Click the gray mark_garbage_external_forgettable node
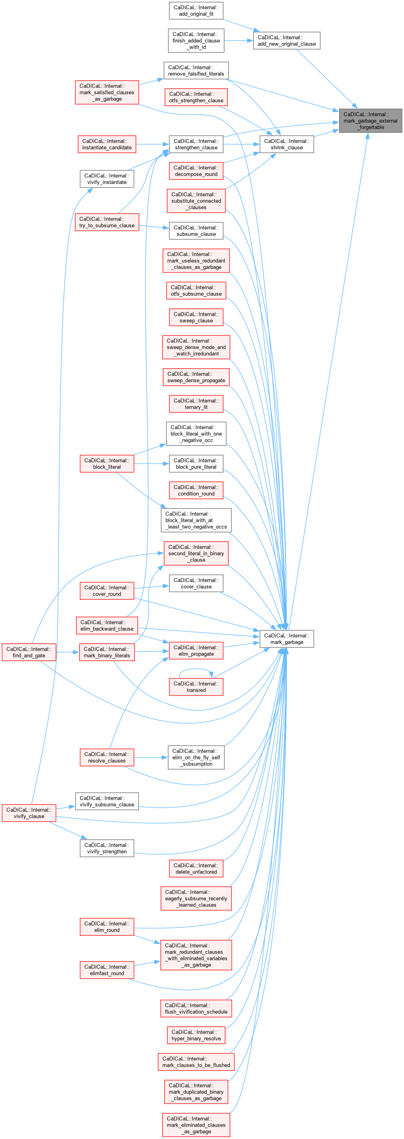coord(370,121)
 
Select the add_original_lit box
coord(196,10)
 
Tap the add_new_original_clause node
coord(286,41)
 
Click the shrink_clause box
coord(286,145)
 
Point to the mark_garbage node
coord(286,639)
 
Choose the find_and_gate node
coord(29,652)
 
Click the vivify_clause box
coord(29,813)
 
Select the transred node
coord(196,687)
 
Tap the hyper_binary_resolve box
coord(196,1035)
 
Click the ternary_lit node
coord(196,404)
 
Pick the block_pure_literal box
coord(196,464)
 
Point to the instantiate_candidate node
coord(107,145)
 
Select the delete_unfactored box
coord(196,869)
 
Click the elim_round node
coord(107,927)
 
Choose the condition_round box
coord(196,490)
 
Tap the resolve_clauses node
coord(107,758)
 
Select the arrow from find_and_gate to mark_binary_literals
coord(68,652)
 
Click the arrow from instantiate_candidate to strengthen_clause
coord(153,145)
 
